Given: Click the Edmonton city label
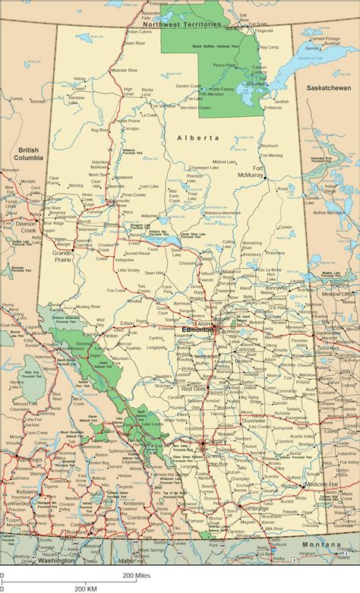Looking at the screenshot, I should [197, 330].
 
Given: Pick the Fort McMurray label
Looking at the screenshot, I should [258, 171].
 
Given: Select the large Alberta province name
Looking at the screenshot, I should [197, 137].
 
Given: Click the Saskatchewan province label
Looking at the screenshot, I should [329, 88].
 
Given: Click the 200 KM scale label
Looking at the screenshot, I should [84, 588].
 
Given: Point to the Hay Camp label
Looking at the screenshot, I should [270, 47].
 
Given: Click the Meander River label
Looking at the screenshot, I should [123, 70].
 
